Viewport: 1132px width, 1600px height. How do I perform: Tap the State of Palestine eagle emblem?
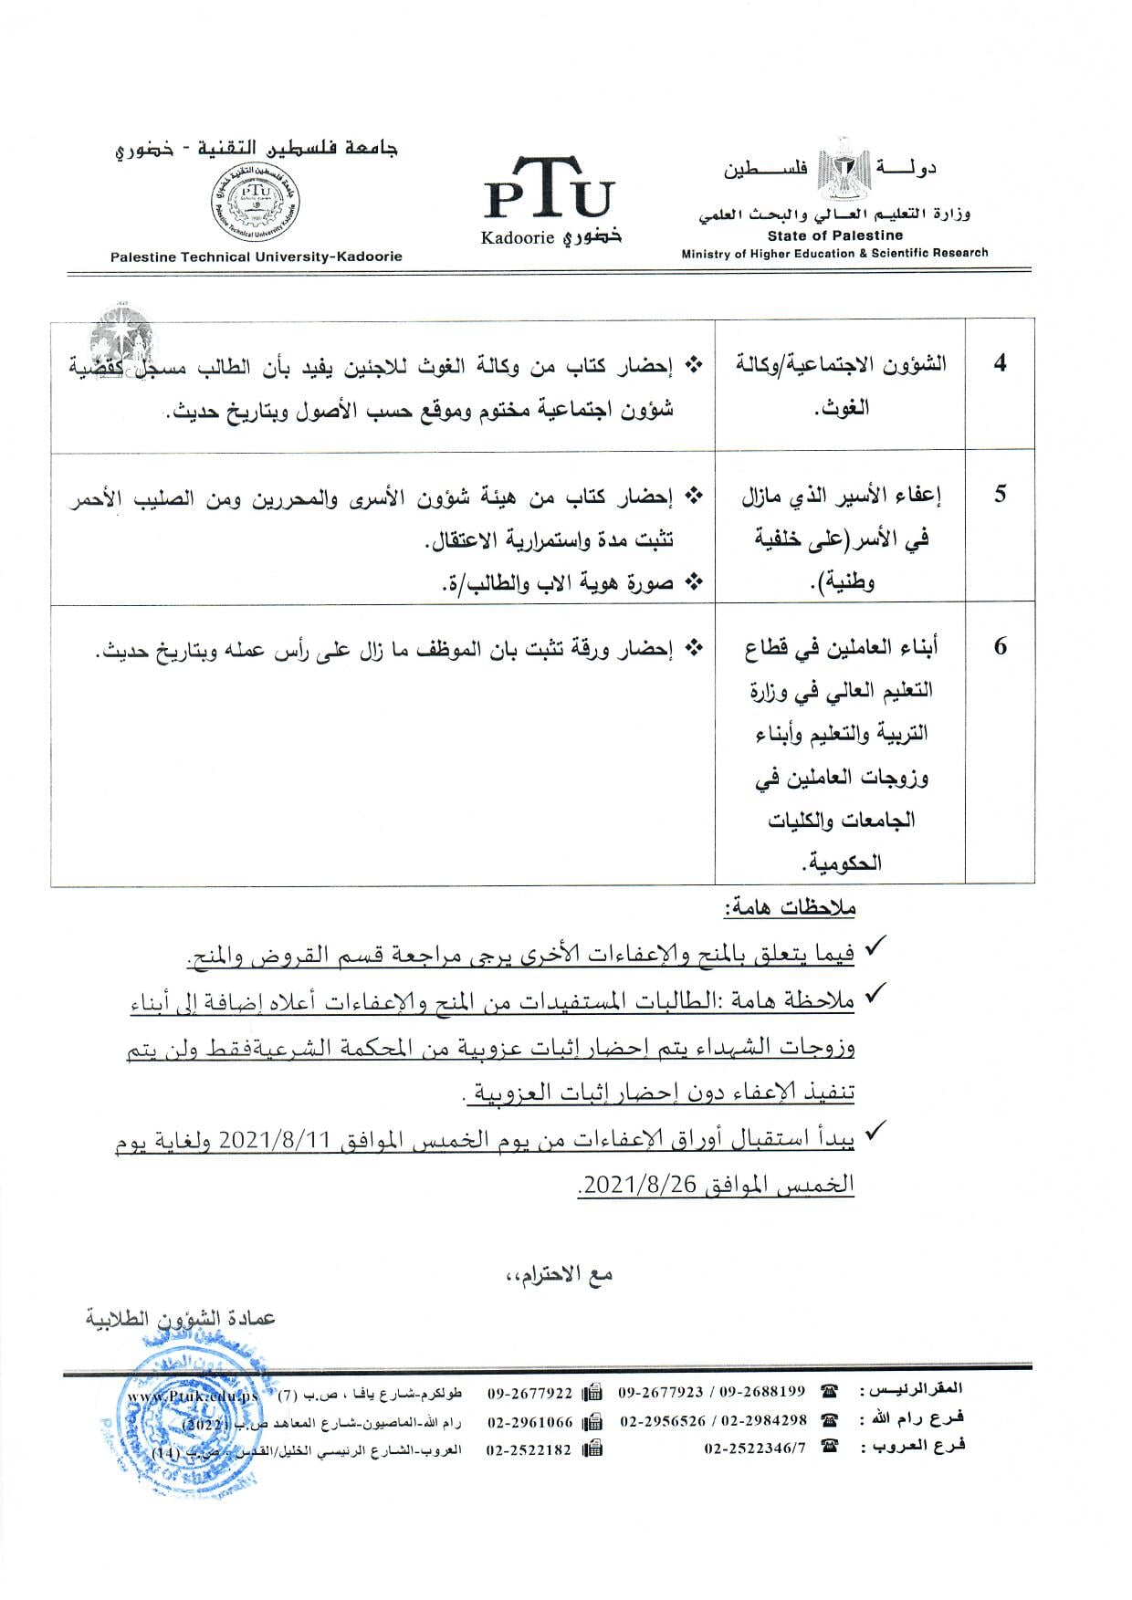point(837,170)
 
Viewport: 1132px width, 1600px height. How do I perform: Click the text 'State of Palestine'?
point(834,235)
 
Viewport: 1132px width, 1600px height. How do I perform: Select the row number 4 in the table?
point(1000,363)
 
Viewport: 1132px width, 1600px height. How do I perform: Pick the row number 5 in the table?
point(1000,494)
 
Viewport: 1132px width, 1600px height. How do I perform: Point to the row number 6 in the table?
point(1000,646)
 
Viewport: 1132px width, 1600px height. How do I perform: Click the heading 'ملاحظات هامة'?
point(789,908)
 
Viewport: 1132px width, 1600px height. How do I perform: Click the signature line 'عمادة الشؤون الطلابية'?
point(181,1318)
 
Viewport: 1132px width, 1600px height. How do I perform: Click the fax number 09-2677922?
point(529,1393)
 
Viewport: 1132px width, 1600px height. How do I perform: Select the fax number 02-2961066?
point(529,1421)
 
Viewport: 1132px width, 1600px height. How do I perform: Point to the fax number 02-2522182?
point(529,1449)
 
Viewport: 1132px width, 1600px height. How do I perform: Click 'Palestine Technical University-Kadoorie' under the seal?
point(256,257)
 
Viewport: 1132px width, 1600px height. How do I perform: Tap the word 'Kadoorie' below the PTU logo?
point(518,237)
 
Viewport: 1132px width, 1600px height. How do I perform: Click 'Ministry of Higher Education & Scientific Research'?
point(834,253)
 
